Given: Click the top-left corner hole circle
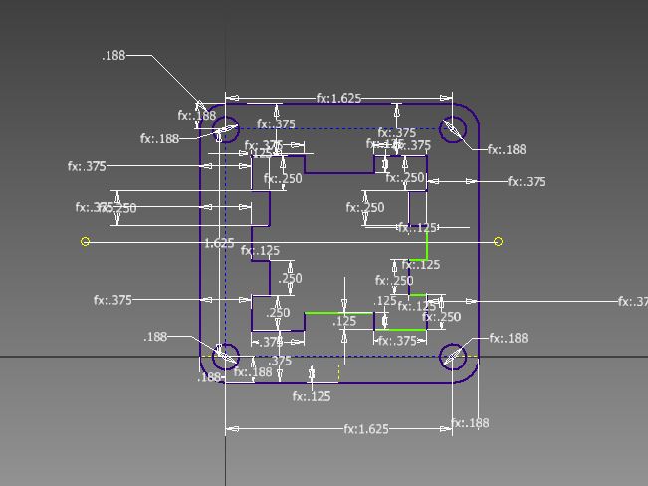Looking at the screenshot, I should pyautogui.click(x=226, y=129).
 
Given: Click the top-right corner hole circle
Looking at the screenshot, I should pyautogui.click(x=453, y=129).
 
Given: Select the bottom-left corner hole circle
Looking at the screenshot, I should pyautogui.click(x=226, y=357).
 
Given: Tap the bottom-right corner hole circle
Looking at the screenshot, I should pyautogui.click(x=453, y=357).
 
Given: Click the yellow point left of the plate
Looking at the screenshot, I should pyautogui.click(x=86, y=241).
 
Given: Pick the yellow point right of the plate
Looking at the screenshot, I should pyautogui.click(x=498, y=241).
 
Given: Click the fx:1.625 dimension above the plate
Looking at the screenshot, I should pyautogui.click(x=338, y=99).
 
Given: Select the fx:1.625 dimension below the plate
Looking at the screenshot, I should pyautogui.click(x=366, y=429).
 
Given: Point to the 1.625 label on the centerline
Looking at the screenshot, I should pyautogui.click(x=219, y=243).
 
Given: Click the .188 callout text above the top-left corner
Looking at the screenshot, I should pyautogui.click(x=113, y=56).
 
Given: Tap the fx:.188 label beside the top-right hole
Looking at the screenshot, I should pyautogui.click(x=507, y=150).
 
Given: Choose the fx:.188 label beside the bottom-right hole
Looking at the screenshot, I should pyautogui.click(x=508, y=339).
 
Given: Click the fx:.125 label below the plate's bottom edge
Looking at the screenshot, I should pyautogui.click(x=312, y=396).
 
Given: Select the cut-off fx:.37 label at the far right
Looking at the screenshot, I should pyautogui.click(x=632, y=302).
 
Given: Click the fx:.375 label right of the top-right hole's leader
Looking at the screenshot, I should pyautogui.click(x=527, y=182).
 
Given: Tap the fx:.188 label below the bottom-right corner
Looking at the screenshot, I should pyautogui.click(x=470, y=423).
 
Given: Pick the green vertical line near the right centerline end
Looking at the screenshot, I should pyautogui.click(x=427, y=244).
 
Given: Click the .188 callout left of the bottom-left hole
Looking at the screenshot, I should pyautogui.click(x=156, y=338).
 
